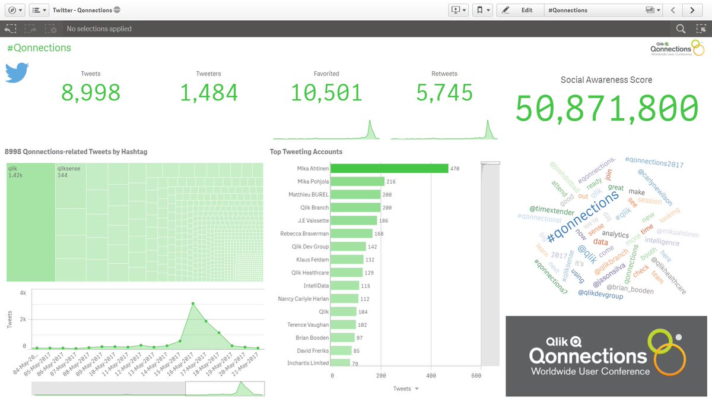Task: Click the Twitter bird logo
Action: click(x=17, y=72)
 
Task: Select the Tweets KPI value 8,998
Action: click(x=91, y=93)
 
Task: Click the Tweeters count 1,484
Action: click(x=208, y=93)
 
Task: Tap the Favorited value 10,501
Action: click(x=326, y=93)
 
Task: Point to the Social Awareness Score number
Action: click(x=606, y=109)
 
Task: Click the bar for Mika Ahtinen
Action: click(x=389, y=169)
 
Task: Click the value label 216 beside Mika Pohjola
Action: click(x=391, y=182)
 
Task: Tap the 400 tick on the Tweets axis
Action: click(x=431, y=375)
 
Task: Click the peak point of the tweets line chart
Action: click(x=193, y=304)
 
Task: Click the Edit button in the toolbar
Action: click(x=520, y=10)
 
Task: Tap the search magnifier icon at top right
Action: click(x=681, y=29)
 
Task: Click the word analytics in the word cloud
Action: click(x=615, y=234)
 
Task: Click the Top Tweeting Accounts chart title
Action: click(x=306, y=152)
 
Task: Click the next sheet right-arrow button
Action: click(x=692, y=10)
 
